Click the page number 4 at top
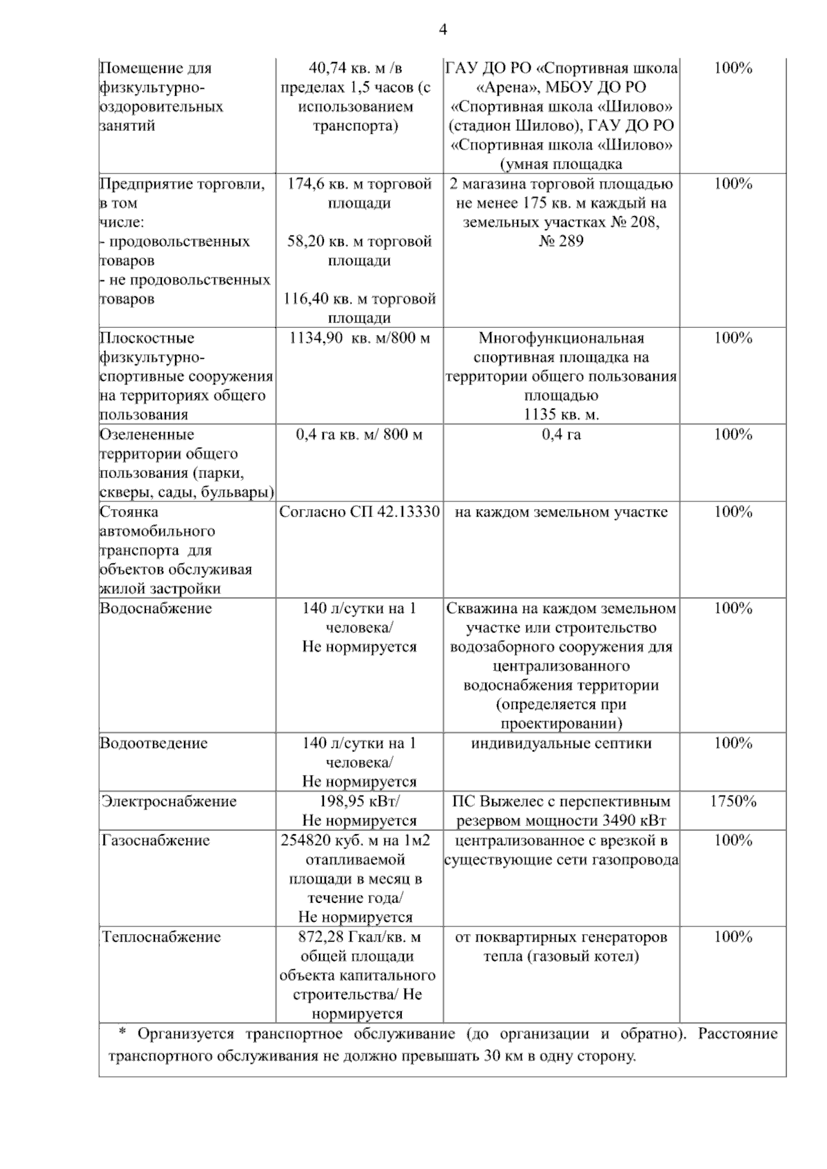(x=443, y=30)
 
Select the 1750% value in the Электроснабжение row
(x=733, y=801)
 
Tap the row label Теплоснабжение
(x=161, y=937)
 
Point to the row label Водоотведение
(x=153, y=743)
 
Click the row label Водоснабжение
(x=156, y=608)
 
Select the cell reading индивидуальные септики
(x=561, y=743)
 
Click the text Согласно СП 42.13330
(x=359, y=512)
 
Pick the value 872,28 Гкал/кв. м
(x=359, y=937)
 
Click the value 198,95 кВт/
(x=359, y=801)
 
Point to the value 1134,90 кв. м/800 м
(x=359, y=338)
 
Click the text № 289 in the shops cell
(x=561, y=241)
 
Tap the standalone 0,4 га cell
(x=561, y=435)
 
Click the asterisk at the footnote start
(x=123, y=1033)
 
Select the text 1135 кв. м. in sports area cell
(x=561, y=415)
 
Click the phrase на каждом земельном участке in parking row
(x=561, y=512)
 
